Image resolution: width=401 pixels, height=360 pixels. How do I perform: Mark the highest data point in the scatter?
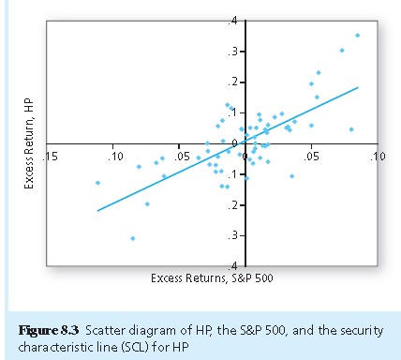click(357, 36)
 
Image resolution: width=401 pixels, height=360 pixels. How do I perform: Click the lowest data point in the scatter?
click(133, 238)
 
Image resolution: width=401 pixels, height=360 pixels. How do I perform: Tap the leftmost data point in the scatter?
click(98, 183)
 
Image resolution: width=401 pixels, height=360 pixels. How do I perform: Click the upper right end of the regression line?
click(358, 87)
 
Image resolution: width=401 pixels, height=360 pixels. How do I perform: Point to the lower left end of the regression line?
click(97, 211)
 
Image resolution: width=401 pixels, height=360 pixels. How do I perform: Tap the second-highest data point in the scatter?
click(342, 51)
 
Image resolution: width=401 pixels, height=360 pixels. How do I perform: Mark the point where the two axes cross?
click(245, 143)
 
